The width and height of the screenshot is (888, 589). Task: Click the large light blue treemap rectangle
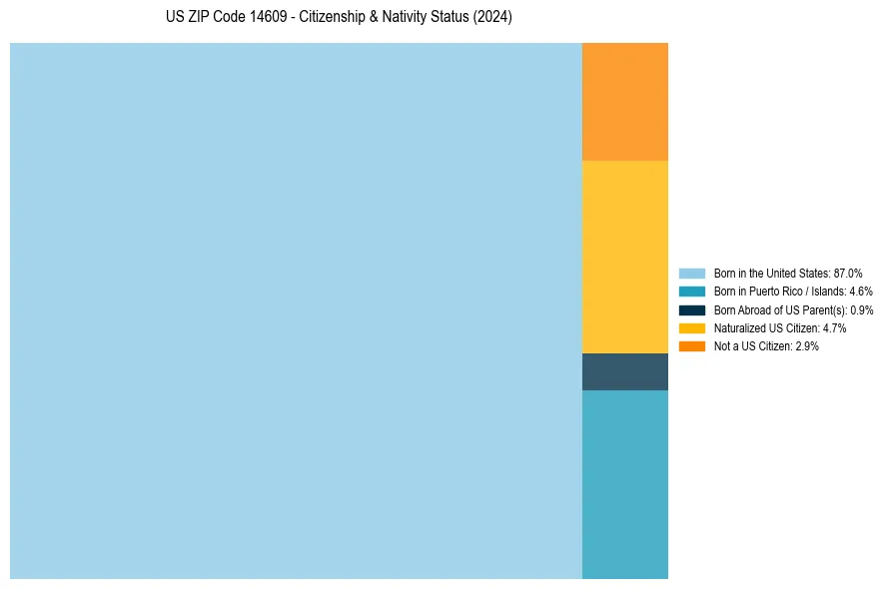tap(296, 310)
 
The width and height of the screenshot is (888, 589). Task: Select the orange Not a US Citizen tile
tap(625, 101)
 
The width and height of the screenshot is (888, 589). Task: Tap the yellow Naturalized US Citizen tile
tap(625, 257)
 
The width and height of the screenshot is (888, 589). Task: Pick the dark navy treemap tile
tap(625, 371)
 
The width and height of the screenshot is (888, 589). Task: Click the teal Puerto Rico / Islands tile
tap(625, 484)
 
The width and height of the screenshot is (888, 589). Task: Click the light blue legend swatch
tap(692, 273)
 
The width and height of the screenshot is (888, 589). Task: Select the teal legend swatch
tap(692, 292)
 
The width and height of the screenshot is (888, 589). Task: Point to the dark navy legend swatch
tap(692, 309)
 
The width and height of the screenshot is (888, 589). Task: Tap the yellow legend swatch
tap(692, 327)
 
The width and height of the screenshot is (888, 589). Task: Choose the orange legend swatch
tap(692, 345)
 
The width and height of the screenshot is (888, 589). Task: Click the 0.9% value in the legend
tap(862, 309)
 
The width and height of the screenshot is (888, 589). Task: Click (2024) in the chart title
tap(493, 18)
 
